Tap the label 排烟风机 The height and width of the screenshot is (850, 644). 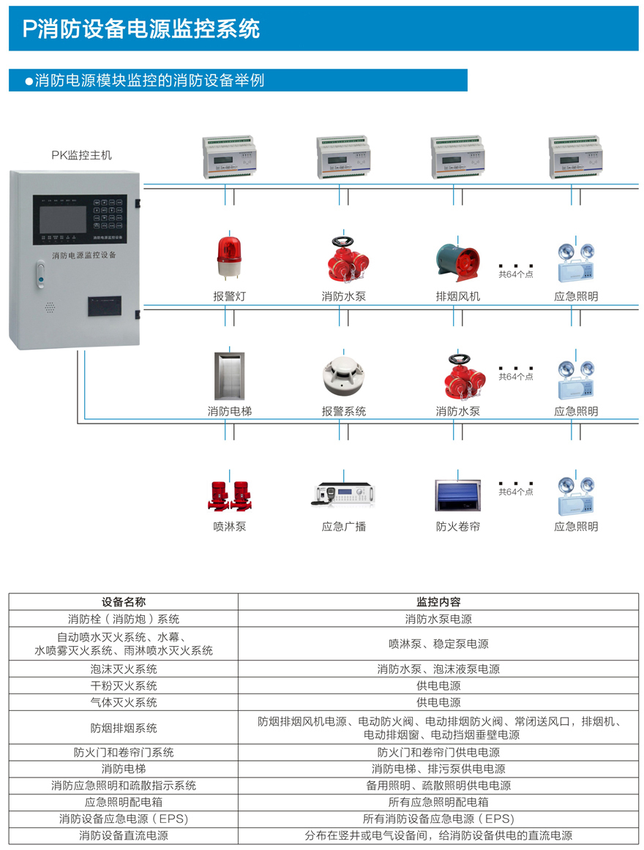coord(458,297)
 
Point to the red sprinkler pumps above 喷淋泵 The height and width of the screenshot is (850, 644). coord(230,494)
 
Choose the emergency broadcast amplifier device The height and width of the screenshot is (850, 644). coord(343,494)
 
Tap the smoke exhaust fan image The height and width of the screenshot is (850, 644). coord(458,260)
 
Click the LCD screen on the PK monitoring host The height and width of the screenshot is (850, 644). coord(63,218)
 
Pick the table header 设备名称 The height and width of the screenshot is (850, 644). coord(124,602)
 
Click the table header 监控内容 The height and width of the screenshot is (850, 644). coord(438,602)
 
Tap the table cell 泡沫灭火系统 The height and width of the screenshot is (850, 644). coord(124,669)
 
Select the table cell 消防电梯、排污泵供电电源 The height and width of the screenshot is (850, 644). coord(438,769)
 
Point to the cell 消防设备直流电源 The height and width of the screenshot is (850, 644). coord(124,835)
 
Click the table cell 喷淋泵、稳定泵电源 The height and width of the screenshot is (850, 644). coord(438,644)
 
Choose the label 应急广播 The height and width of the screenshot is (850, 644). coord(343,527)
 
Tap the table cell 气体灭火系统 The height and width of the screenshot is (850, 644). coord(124,702)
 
